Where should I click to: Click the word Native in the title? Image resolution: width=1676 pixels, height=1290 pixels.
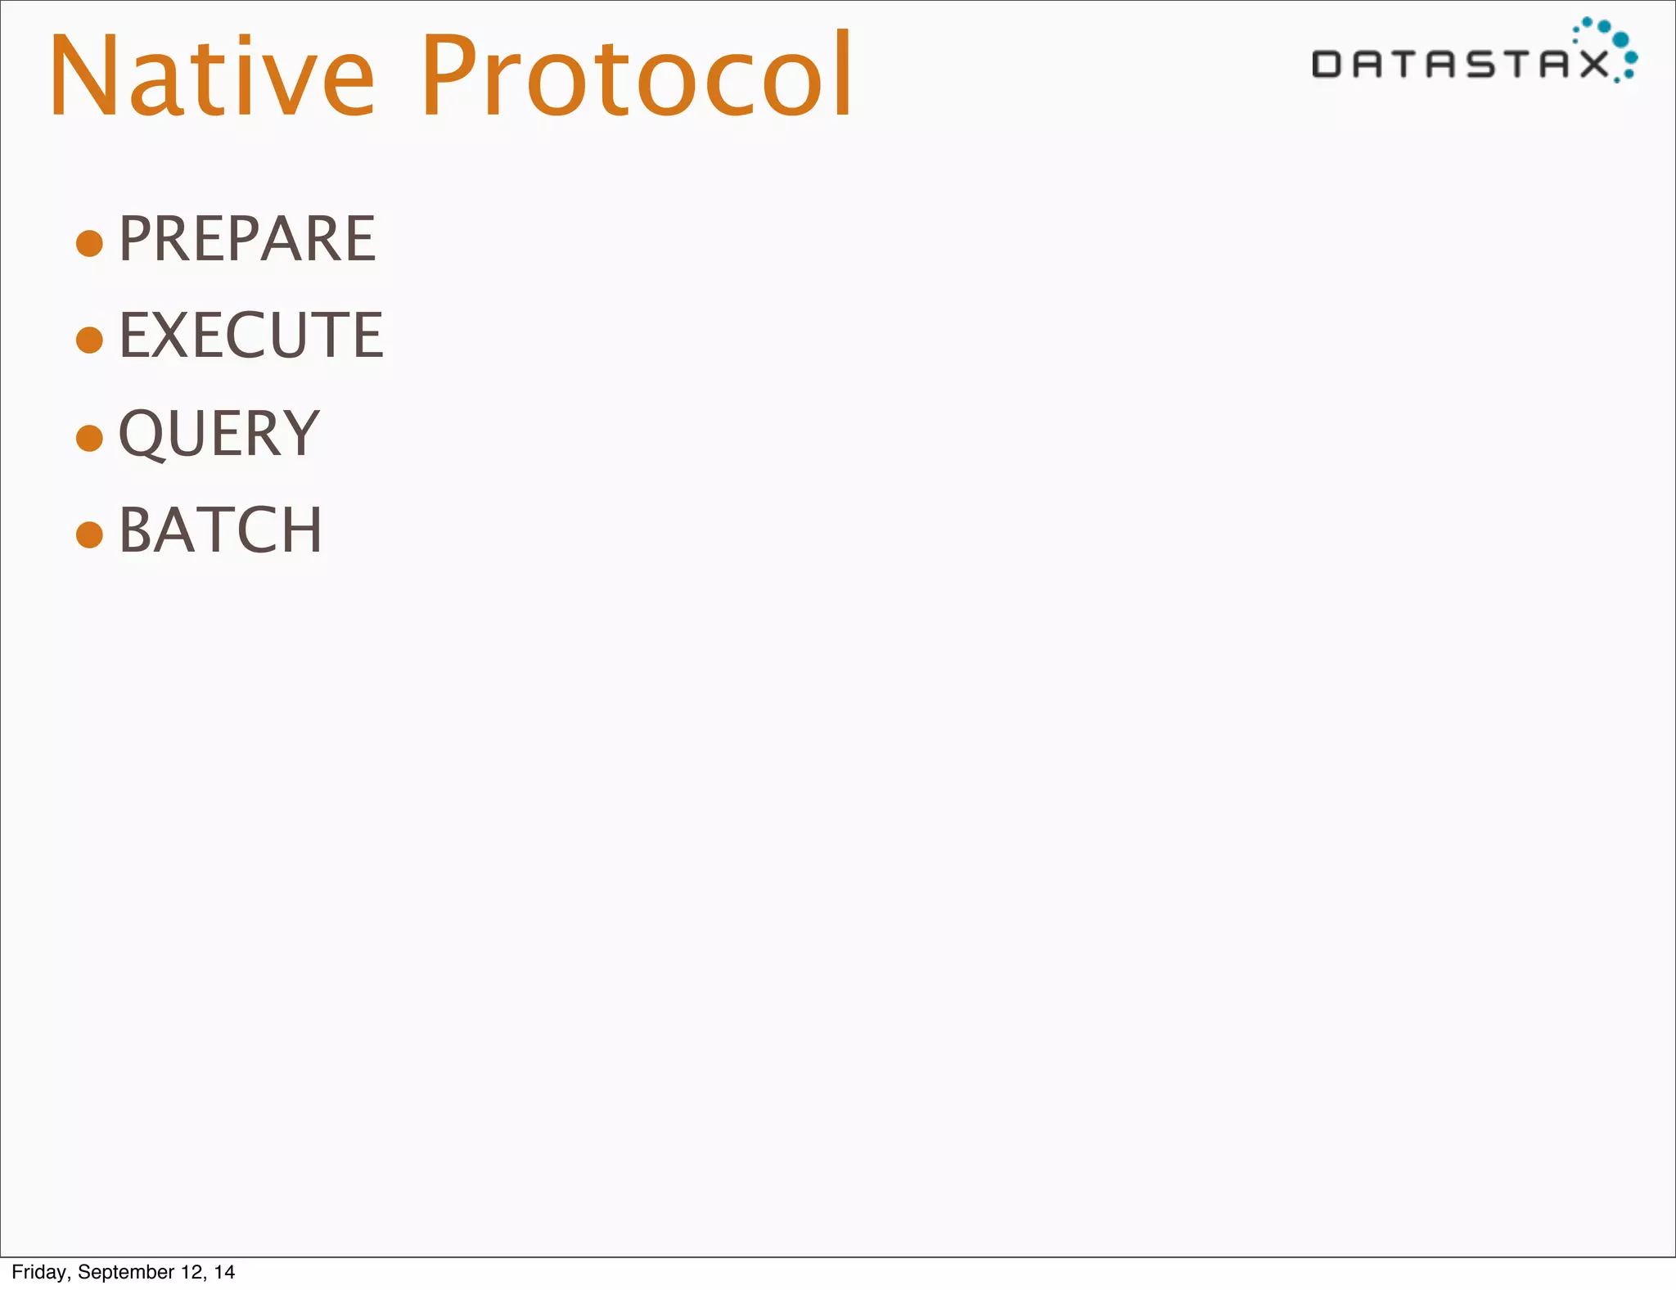tap(211, 75)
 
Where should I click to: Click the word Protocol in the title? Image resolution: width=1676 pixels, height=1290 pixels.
tap(638, 75)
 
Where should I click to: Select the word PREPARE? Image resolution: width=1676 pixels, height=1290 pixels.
tap(247, 239)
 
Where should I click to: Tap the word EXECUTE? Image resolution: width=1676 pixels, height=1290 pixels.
tap(251, 336)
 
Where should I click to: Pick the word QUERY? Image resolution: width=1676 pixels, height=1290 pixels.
tap(219, 434)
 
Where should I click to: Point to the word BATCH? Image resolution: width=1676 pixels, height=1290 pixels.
tap(221, 530)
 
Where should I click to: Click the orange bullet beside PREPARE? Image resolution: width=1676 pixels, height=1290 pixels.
tap(89, 243)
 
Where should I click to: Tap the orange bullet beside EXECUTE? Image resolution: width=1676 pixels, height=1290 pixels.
tap(89, 340)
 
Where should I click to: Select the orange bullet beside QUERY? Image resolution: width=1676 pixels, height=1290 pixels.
tap(89, 437)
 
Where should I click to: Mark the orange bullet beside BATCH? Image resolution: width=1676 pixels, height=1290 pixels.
tap(89, 534)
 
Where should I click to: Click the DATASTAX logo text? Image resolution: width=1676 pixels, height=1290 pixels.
tap(1460, 64)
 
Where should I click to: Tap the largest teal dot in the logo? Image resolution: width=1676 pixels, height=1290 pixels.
tap(1620, 39)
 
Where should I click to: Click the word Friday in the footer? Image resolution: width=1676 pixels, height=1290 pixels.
tap(38, 1272)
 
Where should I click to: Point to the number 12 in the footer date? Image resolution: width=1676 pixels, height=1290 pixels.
tap(193, 1272)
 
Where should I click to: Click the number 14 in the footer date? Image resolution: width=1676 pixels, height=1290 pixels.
tap(224, 1272)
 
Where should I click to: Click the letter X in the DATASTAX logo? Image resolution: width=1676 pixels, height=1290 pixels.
tap(1593, 64)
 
